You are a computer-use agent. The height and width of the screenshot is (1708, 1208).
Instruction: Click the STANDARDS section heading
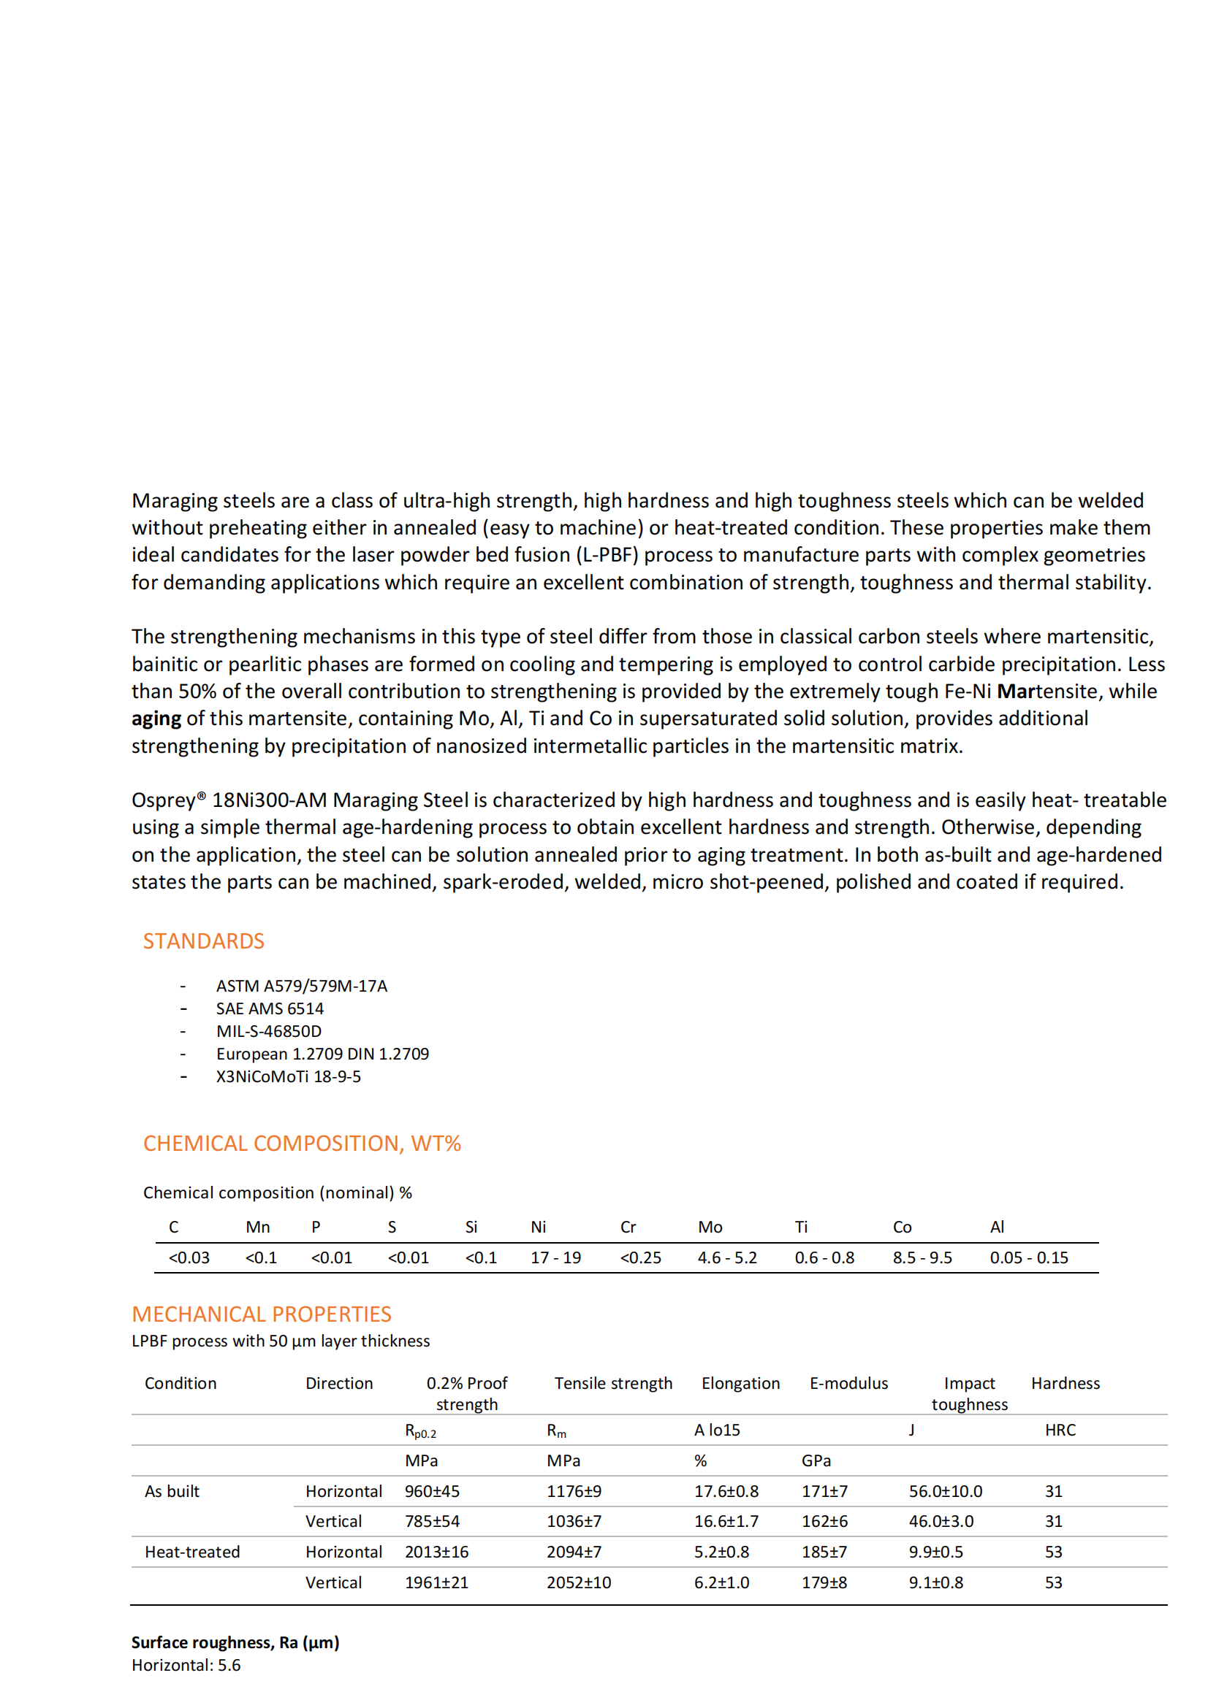[203, 941]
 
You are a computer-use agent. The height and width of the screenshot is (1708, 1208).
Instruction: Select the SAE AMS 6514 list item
[270, 1008]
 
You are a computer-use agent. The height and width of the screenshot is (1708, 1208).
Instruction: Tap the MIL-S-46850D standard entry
[269, 1031]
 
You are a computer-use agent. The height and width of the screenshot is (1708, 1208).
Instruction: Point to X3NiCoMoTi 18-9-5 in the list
[288, 1076]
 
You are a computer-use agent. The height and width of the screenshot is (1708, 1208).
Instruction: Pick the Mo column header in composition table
[710, 1228]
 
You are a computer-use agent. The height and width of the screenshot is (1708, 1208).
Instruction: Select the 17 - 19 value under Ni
[555, 1258]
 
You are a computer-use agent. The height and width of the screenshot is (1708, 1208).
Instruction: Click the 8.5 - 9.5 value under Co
[922, 1258]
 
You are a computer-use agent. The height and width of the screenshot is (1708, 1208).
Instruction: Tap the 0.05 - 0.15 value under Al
[1028, 1258]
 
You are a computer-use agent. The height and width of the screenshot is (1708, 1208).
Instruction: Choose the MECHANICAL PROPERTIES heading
[261, 1314]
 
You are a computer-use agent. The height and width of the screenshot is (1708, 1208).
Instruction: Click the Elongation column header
[740, 1384]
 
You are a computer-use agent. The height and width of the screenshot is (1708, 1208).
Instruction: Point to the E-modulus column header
[848, 1384]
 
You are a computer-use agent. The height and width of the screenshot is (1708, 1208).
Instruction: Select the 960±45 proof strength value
[432, 1492]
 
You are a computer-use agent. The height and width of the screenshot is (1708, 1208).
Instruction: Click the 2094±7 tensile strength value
[573, 1552]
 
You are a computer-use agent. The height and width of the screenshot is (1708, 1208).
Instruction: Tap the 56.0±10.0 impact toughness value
[944, 1492]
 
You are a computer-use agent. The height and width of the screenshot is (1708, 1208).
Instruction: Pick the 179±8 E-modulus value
[824, 1583]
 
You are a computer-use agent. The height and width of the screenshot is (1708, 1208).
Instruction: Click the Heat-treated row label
[192, 1552]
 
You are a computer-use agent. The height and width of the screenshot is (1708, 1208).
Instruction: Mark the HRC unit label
[1059, 1431]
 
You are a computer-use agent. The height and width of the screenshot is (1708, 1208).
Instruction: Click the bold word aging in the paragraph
[156, 719]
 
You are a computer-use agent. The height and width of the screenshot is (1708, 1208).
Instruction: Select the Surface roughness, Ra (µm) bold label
[235, 1642]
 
